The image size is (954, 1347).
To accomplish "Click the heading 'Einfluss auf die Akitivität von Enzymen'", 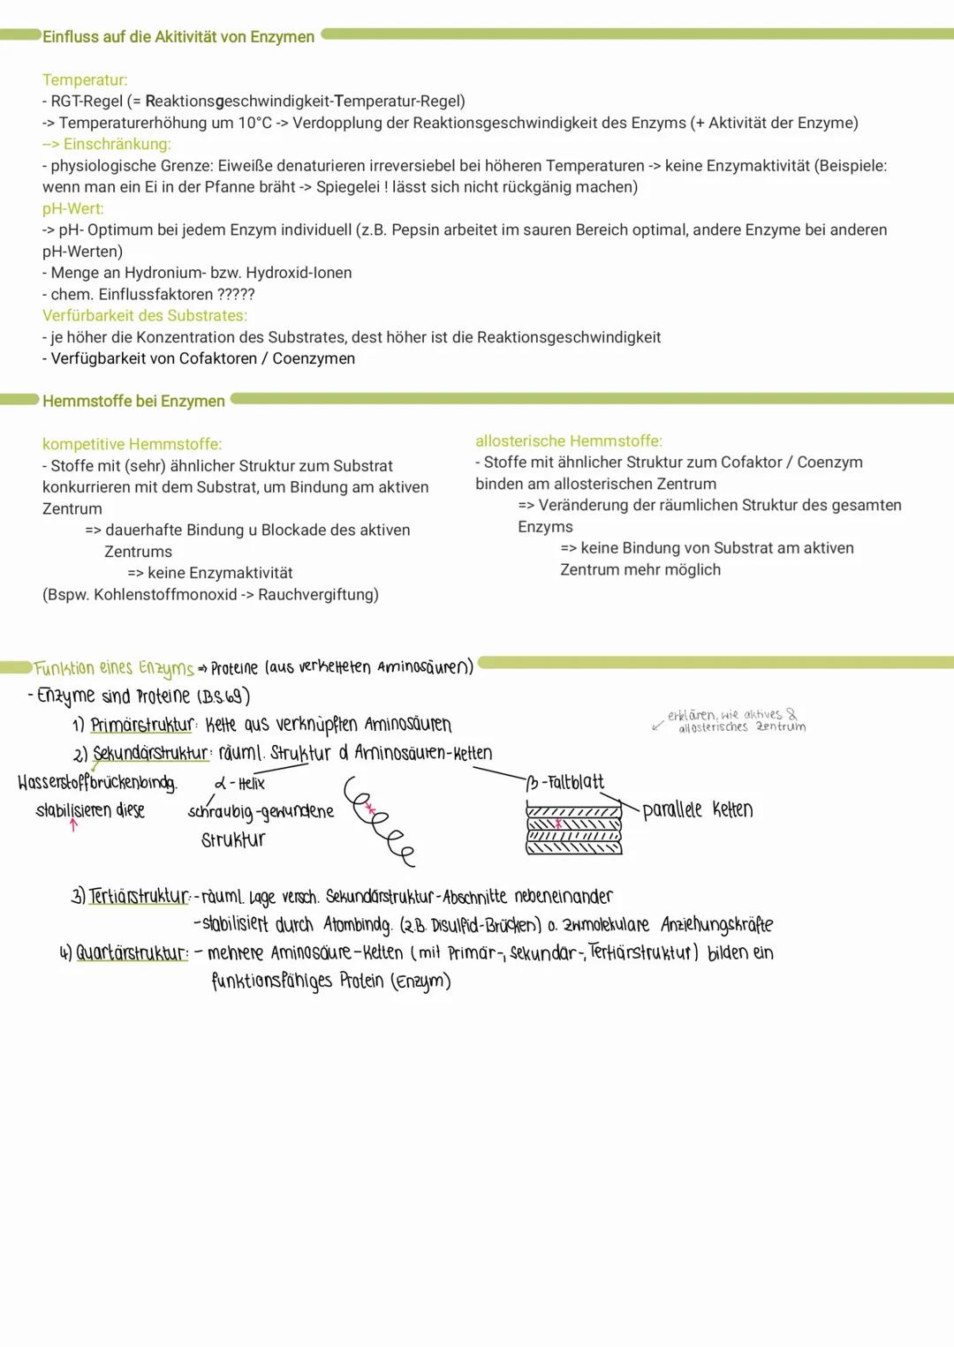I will coord(178,37).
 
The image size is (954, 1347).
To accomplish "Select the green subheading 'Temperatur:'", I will coord(85,80).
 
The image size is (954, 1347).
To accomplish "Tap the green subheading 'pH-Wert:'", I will coord(73,209).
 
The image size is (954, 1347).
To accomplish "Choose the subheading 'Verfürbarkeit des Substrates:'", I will coord(145,316).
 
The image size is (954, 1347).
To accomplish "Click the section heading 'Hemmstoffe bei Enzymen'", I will coord(134,402).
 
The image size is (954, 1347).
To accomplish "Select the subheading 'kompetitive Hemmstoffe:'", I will coord(132,445).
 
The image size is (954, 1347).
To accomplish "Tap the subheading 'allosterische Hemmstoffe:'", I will coord(569,441).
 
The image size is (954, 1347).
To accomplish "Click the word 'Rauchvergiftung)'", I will coord(318,595).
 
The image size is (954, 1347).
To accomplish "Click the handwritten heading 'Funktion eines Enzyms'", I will coord(114,668).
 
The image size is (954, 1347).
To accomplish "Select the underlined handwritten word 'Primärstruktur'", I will coord(141,726).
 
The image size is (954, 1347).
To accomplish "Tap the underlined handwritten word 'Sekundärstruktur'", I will coord(150,754).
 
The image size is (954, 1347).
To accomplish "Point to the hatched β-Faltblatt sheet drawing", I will coord(573,829).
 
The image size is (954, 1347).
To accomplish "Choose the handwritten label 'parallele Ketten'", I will coord(697,810).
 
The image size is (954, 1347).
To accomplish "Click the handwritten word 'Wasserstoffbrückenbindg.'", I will coord(97,783).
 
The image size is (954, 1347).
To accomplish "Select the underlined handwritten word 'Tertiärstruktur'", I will coord(139,897).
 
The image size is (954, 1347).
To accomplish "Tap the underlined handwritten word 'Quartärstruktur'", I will coord(132,953).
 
